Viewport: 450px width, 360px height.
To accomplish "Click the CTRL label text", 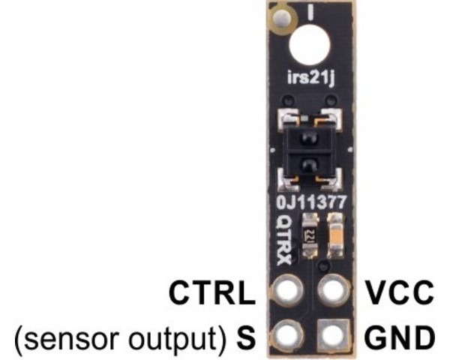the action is point(211,292).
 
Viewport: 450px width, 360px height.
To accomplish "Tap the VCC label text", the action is point(399,292).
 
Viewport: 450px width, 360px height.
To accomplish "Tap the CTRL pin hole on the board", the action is point(287,289).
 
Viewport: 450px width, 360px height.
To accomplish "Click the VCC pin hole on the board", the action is point(333,290).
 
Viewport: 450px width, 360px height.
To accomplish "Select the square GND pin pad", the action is point(334,334).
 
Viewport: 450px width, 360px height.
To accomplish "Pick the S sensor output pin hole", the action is point(287,334).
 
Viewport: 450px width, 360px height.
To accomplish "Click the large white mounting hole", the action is point(310,45).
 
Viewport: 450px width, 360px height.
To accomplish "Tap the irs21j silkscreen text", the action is point(310,78).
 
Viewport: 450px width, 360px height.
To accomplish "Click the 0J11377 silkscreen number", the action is point(311,202).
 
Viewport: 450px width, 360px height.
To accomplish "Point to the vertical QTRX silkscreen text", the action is point(283,240).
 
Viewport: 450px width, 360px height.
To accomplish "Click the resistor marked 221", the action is point(309,235).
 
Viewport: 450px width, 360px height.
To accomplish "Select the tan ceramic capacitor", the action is point(335,235).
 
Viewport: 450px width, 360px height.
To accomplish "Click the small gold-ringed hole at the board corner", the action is point(283,18).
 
